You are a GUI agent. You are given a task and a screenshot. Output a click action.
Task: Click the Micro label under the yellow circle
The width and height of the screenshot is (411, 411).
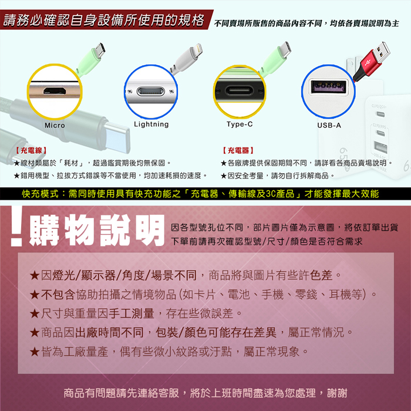pyautogui.click(x=55, y=125)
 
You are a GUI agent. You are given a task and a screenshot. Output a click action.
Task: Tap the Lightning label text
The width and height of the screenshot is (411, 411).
pyautogui.click(x=151, y=124)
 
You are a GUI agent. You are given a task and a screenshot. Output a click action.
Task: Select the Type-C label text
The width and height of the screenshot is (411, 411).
pyautogui.click(x=240, y=124)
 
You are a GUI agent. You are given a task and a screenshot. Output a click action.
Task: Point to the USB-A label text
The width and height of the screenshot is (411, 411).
pyautogui.click(x=329, y=125)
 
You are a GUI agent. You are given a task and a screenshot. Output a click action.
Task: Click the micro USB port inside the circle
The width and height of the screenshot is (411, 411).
pyautogui.click(x=54, y=91)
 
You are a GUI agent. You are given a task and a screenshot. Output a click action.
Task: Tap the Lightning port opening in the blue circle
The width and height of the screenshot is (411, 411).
pyautogui.click(x=151, y=92)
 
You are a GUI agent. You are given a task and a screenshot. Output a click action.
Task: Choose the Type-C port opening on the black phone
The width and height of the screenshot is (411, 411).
pyautogui.click(x=240, y=90)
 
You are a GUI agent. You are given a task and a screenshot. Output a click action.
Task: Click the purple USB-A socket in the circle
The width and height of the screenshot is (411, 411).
pyautogui.click(x=328, y=86)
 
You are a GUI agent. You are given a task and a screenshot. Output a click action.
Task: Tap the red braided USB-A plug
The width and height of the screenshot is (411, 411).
pyautogui.click(x=371, y=61)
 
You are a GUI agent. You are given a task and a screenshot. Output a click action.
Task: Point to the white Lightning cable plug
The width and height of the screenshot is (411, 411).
pyautogui.click(x=188, y=57)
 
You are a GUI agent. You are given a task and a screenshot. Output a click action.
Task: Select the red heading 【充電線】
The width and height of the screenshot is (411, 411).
pyautogui.click(x=31, y=150)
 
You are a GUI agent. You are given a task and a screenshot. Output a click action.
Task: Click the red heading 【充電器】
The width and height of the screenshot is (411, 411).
pyautogui.click(x=238, y=150)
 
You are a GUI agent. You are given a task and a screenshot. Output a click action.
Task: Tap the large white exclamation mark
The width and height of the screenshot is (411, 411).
pyautogui.click(x=16, y=226)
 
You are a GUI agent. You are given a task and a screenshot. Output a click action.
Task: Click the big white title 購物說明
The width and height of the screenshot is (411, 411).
pyautogui.click(x=97, y=230)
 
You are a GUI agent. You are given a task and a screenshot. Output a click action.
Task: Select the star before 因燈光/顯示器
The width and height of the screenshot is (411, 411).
pyautogui.click(x=34, y=276)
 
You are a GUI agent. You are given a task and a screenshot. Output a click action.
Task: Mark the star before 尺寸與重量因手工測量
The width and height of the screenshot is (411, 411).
pyautogui.click(x=34, y=314)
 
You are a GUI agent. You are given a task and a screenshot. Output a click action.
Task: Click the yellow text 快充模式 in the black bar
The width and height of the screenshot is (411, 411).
pyautogui.click(x=40, y=194)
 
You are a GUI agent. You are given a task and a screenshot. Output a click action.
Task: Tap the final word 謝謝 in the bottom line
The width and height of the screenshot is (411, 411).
pyautogui.click(x=337, y=393)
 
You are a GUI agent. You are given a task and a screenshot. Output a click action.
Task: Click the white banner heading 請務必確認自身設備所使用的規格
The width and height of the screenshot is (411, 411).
pyautogui.click(x=103, y=20)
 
